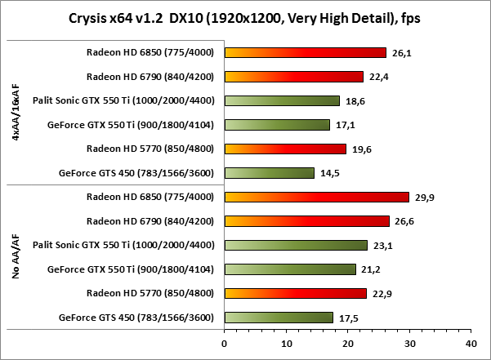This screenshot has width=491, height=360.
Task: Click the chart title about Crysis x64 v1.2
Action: [x=245, y=18]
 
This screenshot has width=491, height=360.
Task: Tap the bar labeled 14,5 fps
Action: [x=269, y=173]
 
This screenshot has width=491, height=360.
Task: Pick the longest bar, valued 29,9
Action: [x=316, y=197]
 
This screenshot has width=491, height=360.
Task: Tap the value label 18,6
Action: [x=355, y=101]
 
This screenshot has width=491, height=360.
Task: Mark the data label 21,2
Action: [x=371, y=269]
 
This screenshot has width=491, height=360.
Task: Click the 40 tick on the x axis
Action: [x=471, y=344]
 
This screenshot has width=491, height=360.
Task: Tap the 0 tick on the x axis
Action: [x=224, y=344]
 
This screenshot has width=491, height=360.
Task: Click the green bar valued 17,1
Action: [x=276, y=125]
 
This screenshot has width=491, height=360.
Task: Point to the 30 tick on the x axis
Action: [x=409, y=344]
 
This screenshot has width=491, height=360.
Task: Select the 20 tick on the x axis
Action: [x=347, y=344]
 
